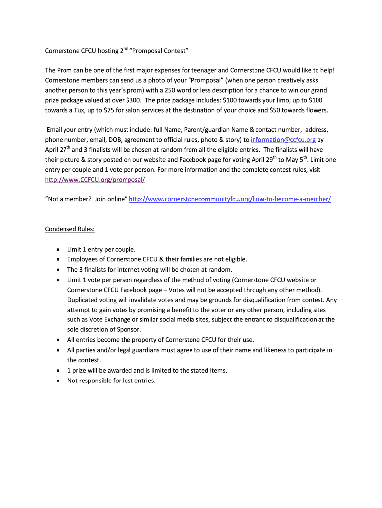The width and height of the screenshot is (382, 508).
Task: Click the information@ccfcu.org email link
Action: pos(283,140)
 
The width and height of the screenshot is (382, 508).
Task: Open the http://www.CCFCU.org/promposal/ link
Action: pos(95,180)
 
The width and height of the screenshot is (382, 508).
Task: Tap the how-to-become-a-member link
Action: pos(230,199)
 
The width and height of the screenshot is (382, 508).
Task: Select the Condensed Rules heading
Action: pos(69,229)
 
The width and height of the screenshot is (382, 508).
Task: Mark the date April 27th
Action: pos(58,150)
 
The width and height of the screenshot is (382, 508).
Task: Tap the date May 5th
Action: pos(297,160)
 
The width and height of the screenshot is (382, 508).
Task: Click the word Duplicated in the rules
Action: pos(85,300)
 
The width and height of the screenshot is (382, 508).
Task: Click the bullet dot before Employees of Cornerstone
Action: pos(58,259)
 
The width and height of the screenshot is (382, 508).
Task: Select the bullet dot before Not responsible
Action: pos(58,381)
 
